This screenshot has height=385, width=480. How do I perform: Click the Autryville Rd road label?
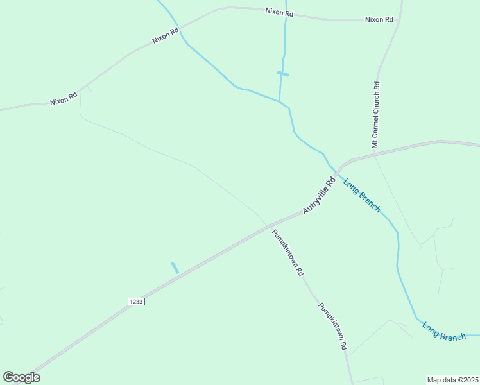[x=320, y=196]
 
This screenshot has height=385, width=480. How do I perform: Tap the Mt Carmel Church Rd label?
[x=377, y=115]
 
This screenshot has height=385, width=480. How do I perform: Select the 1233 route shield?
[x=135, y=301]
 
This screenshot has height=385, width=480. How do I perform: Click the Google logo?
[x=21, y=377]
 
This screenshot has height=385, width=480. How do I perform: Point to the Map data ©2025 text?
[x=452, y=379]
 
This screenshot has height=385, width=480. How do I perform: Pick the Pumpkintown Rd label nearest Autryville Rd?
[x=287, y=252]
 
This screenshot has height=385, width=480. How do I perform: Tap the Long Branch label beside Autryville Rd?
[x=362, y=195]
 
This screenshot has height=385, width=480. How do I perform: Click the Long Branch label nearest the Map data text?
[x=444, y=331]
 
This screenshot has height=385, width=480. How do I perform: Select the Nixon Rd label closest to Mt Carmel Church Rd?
[x=379, y=19]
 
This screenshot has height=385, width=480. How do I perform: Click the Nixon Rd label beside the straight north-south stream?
[x=279, y=12]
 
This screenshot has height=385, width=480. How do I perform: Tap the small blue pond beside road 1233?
[x=175, y=268]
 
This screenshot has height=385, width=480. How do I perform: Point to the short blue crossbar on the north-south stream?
[x=283, y=74]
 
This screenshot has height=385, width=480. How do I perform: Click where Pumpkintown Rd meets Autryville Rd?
[x=266, y=225]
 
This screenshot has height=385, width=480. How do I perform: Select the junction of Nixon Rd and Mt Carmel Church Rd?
[x=399, y=19]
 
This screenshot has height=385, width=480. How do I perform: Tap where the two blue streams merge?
[x=279, y=102]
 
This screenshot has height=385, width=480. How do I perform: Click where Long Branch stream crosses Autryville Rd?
[x=334, y=169]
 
